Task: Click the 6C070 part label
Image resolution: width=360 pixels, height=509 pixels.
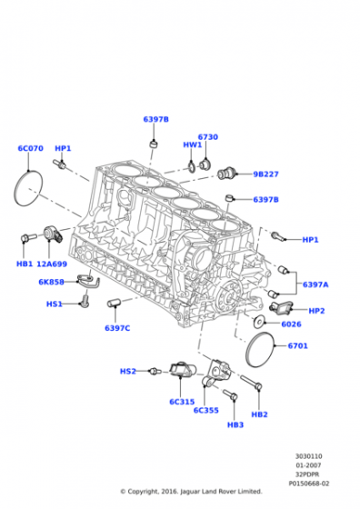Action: [x=30, y=148]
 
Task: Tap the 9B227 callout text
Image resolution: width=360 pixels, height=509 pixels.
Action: [x=265, y=175]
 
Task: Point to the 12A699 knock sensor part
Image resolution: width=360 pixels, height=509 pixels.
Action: [x=53, y=235]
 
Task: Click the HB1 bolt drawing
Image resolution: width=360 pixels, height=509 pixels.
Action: [x=29, y=237]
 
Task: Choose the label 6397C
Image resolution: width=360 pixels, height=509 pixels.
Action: [x=117, y=328]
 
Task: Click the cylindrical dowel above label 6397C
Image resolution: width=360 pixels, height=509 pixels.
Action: [x=114, y=304]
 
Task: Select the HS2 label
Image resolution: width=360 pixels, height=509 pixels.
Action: [x=128, y=371]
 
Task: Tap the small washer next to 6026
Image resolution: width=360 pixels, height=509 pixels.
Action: [x=259, y=321]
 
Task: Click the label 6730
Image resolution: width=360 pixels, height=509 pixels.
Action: [x=208, y=137]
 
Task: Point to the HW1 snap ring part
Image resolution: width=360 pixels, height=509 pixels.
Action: [x=192, y=167]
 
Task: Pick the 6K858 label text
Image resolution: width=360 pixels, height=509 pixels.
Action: [x=51, y=282]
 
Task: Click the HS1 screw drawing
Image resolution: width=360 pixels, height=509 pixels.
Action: [x=85, y=301]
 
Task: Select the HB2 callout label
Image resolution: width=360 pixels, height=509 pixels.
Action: [x=259, y=414]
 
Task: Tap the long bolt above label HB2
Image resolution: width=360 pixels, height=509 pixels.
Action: [x=251, y=383]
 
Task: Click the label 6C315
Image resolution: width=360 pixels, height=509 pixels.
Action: [x=182, y=402]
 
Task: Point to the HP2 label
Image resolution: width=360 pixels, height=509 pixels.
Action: [x=316, y=311]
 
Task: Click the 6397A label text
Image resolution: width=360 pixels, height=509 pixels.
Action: [x=315, y=284]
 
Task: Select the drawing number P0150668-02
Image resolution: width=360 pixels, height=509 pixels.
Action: [x=309, y=484]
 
